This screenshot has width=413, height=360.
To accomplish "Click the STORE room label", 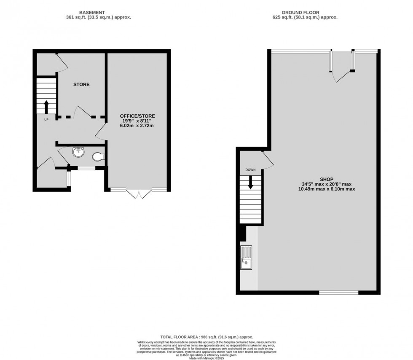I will click(81, 84).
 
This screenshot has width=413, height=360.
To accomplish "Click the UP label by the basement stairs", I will click(46, 119).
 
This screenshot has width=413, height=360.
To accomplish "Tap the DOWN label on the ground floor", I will click(251, 170).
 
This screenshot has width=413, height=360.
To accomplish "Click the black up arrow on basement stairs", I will click(46, 105).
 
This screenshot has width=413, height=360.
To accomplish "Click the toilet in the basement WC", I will click(98, 157).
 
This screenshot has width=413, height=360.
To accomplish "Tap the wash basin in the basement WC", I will click(78, 152).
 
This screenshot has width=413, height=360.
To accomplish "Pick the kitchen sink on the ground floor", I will click(246, 258).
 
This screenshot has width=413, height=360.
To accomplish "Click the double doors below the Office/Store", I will click(139, 194).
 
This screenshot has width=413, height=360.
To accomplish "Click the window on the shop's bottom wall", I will click(338, 293).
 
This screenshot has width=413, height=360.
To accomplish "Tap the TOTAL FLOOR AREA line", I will click(206, 337).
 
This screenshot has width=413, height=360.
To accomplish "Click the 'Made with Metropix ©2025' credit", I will click(206, 358).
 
